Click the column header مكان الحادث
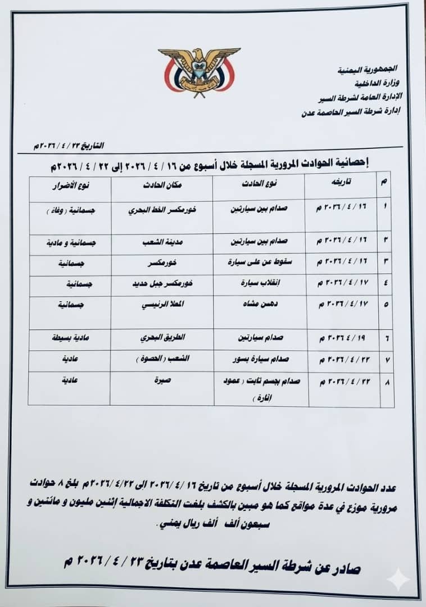[x=162, y=186]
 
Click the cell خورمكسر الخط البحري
[x=162, y=210]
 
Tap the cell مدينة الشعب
[x=162, y=243]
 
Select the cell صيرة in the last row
[x=162, y=381]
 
